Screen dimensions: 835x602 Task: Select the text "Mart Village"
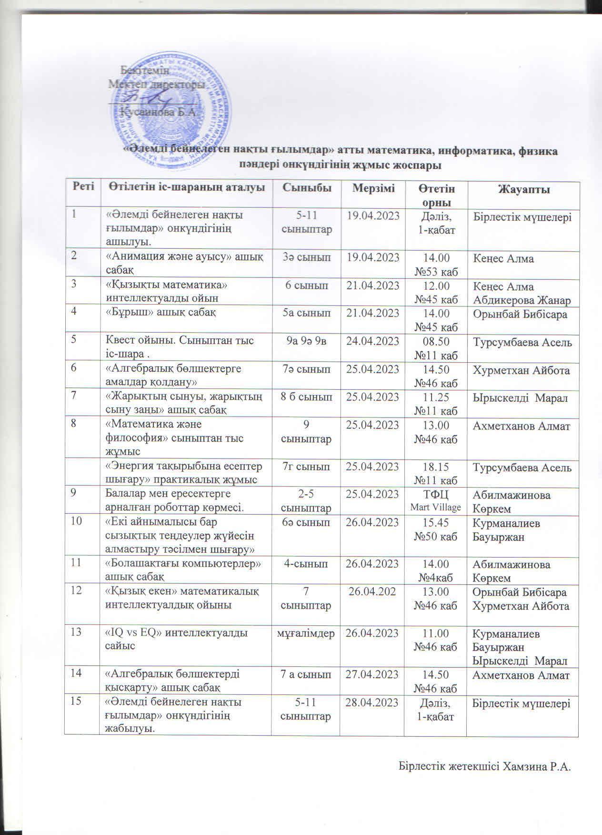436,507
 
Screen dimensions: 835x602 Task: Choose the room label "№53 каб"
436,272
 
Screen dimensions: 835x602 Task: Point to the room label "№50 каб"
436,536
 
